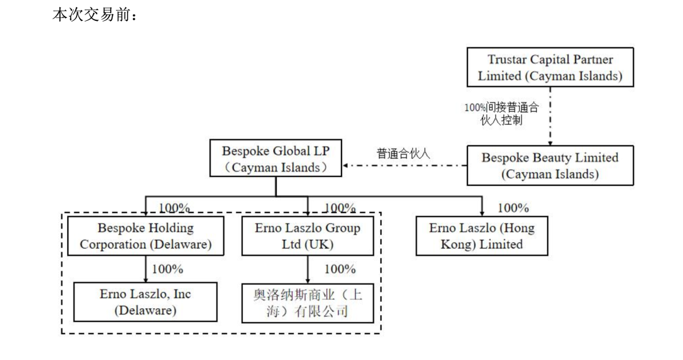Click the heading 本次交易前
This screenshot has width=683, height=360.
tap(95, 15)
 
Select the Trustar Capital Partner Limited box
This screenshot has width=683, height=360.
tap(550, 68)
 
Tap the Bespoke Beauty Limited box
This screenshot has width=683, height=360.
tap(550, 166)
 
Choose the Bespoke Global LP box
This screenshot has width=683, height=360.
tap(275, 159)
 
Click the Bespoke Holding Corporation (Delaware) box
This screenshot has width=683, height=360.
tap(145, 236)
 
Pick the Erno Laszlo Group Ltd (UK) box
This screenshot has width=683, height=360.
tap(307, 236)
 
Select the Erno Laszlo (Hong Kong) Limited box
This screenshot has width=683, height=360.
tap(481, 236)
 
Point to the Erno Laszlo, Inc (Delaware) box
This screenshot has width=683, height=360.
tap(145, 302)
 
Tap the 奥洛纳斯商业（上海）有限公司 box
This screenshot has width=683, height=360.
tap(308, 302)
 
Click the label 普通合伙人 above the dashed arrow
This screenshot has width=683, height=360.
tap(403, 153)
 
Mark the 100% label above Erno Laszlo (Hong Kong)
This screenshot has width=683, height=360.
tap(513, 208)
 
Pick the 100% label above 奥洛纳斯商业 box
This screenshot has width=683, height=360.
tap(340, 269)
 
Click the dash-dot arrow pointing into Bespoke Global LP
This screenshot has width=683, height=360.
tap(405, 167)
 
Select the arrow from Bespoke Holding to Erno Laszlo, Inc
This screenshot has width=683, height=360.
tap(146, 269)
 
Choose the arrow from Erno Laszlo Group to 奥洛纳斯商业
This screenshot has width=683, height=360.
tap(308, 269)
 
